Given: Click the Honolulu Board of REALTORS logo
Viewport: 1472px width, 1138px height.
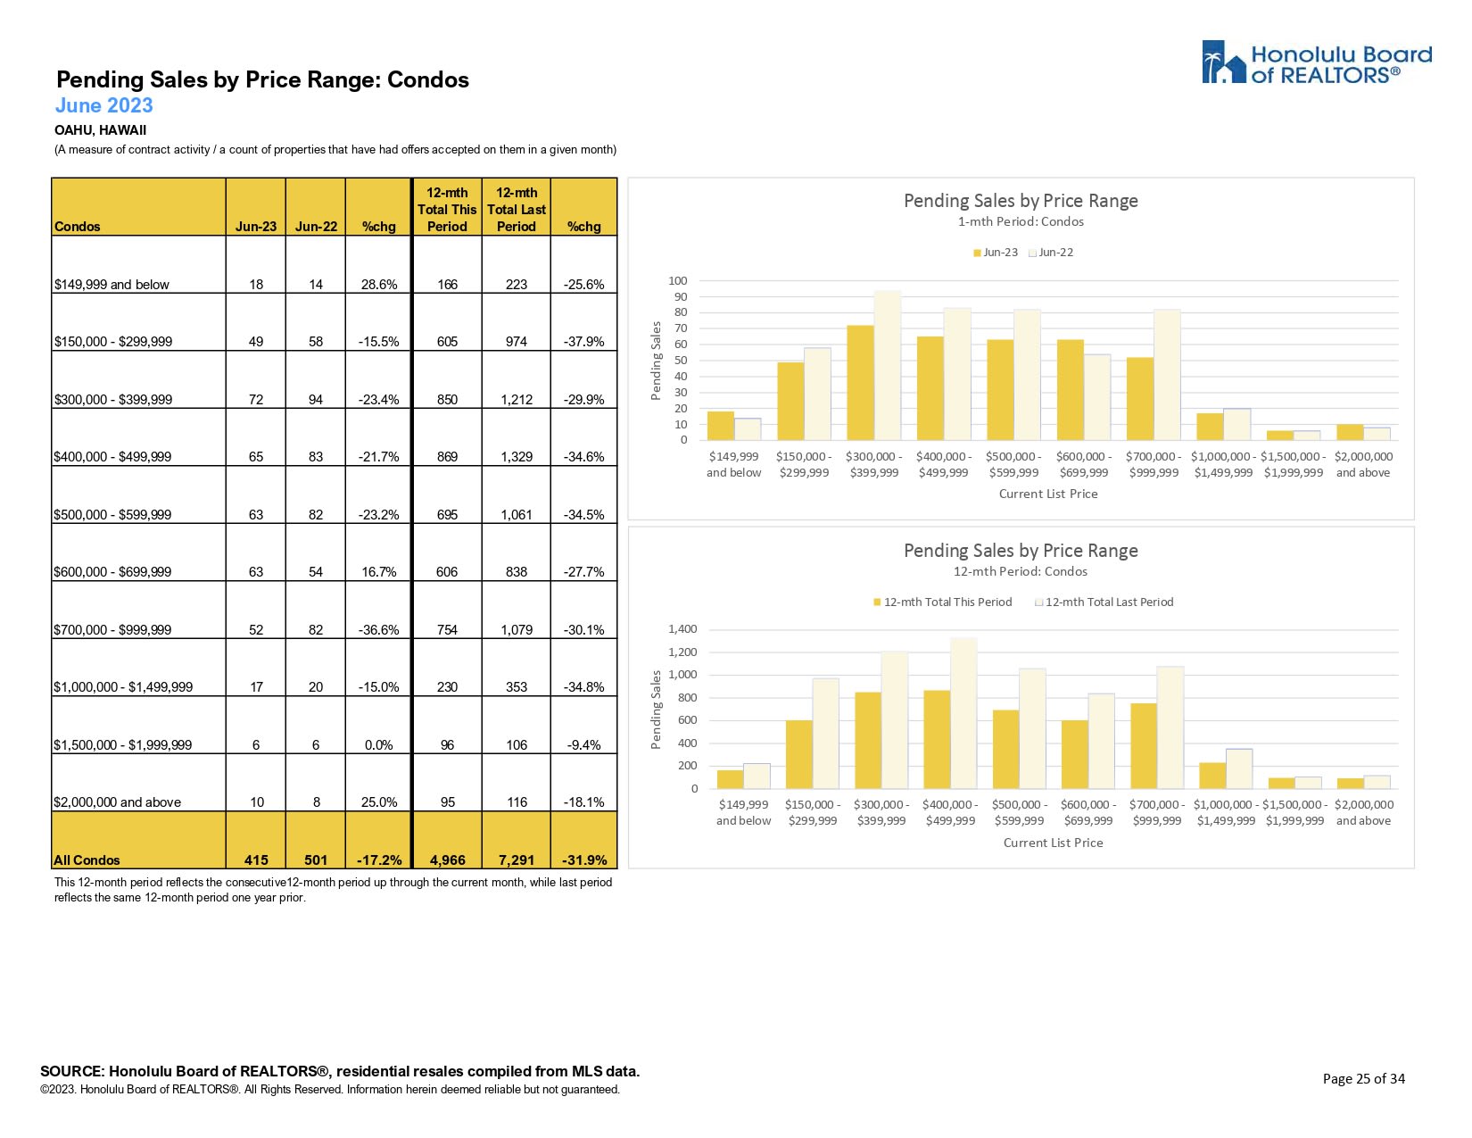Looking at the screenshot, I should tap(1316, 62).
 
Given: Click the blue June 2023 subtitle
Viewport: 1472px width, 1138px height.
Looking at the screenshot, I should tap(103, 105).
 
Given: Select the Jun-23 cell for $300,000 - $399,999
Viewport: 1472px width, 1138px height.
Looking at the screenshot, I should tap(256, 400).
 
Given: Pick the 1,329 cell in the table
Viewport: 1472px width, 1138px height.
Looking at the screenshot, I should tap(516, 457).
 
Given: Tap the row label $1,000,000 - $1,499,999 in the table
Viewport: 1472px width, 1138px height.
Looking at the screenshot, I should tap(123, 687).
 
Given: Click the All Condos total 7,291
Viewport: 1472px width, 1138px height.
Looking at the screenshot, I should tap(516, 860).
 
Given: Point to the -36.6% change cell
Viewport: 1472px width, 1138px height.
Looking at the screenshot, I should tap(378, 630).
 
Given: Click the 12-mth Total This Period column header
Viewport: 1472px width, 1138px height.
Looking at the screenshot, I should tap(447, 210).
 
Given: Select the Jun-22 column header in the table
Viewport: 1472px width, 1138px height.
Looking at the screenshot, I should tap(316, 227).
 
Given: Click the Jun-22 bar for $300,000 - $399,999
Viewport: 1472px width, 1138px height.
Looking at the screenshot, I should tap(888, 365).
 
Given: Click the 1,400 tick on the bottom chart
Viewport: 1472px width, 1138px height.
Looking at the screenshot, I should tap(682, 629).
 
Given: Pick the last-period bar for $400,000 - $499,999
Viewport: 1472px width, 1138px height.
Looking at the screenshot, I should tap(963, 713).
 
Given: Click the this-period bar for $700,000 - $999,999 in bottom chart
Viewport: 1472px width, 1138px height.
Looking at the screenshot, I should tap(1143, 746).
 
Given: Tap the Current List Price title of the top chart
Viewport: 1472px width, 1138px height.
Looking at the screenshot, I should tap(1048, 494).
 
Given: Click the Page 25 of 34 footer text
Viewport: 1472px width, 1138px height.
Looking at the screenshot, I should tap(1363, 1079).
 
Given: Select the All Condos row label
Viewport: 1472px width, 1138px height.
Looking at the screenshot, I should tap(87, 860).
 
